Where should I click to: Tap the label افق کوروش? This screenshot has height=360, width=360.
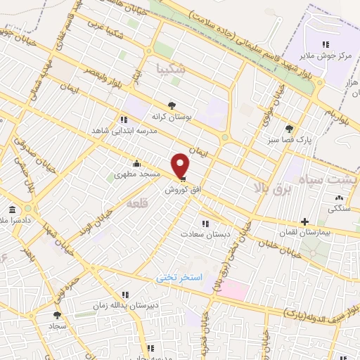pos(181,190)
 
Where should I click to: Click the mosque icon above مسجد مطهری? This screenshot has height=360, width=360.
pos(136,164)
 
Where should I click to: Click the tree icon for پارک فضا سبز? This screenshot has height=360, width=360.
pos(288,129)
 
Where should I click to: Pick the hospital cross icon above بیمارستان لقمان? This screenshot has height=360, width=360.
pos(304,221)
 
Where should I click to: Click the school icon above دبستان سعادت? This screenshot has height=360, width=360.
pos(204,224)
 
